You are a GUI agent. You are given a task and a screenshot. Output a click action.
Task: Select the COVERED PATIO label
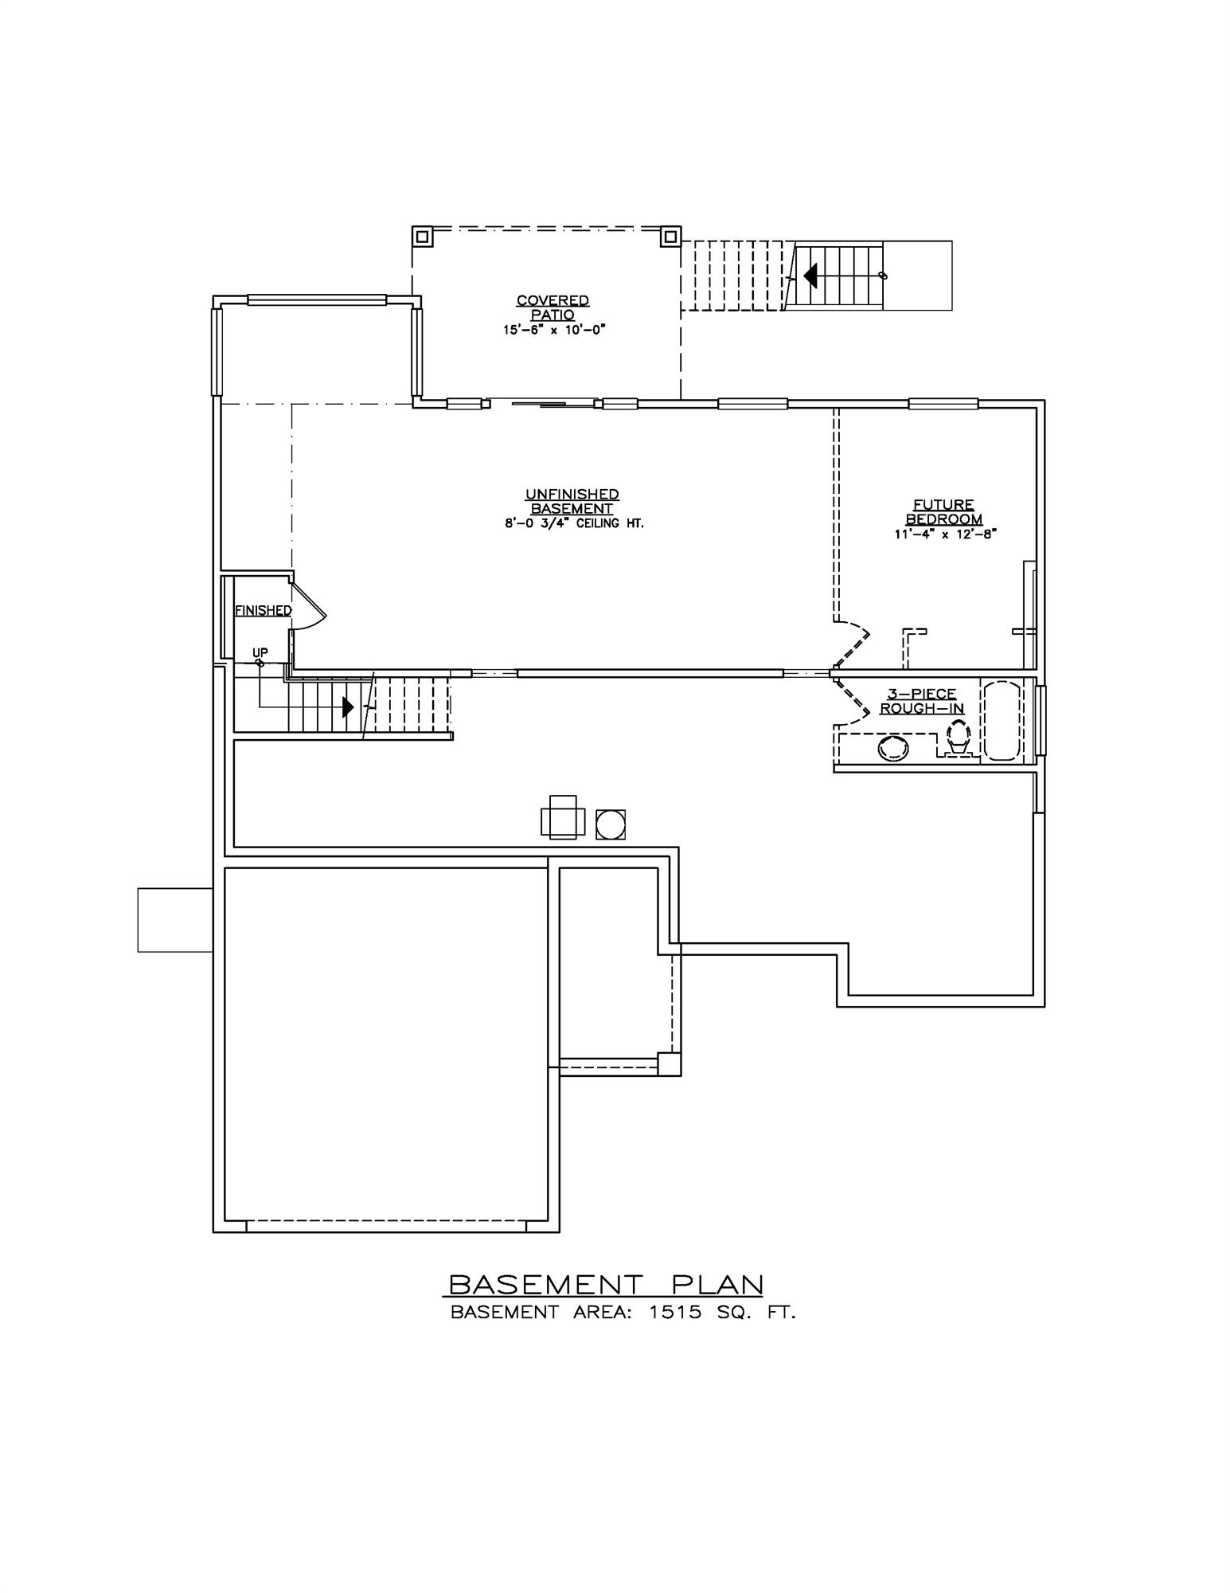pos(553,307)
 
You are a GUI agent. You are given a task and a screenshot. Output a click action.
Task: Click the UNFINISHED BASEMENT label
pos(572,502)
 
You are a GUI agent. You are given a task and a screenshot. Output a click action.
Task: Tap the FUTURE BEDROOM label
pos(943,512)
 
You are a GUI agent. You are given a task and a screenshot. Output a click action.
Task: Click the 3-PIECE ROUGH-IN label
pos(921,702)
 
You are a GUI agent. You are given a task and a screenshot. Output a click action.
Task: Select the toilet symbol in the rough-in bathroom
pos(957,737)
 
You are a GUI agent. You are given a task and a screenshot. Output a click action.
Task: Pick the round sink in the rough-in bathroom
pos(893,747)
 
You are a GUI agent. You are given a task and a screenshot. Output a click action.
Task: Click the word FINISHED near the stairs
pos(263,610)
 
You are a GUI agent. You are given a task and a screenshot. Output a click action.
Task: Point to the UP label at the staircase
pos(260,652)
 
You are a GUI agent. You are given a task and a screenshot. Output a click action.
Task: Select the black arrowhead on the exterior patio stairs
pos(810,276)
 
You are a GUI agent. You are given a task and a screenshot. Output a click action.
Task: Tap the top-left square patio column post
pos(422,237)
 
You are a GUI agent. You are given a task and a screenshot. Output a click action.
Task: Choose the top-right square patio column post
pos(670,237)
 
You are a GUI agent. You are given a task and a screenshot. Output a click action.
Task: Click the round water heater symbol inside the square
pos(611,824)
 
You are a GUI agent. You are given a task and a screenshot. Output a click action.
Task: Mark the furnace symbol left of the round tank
pos(563,818)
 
